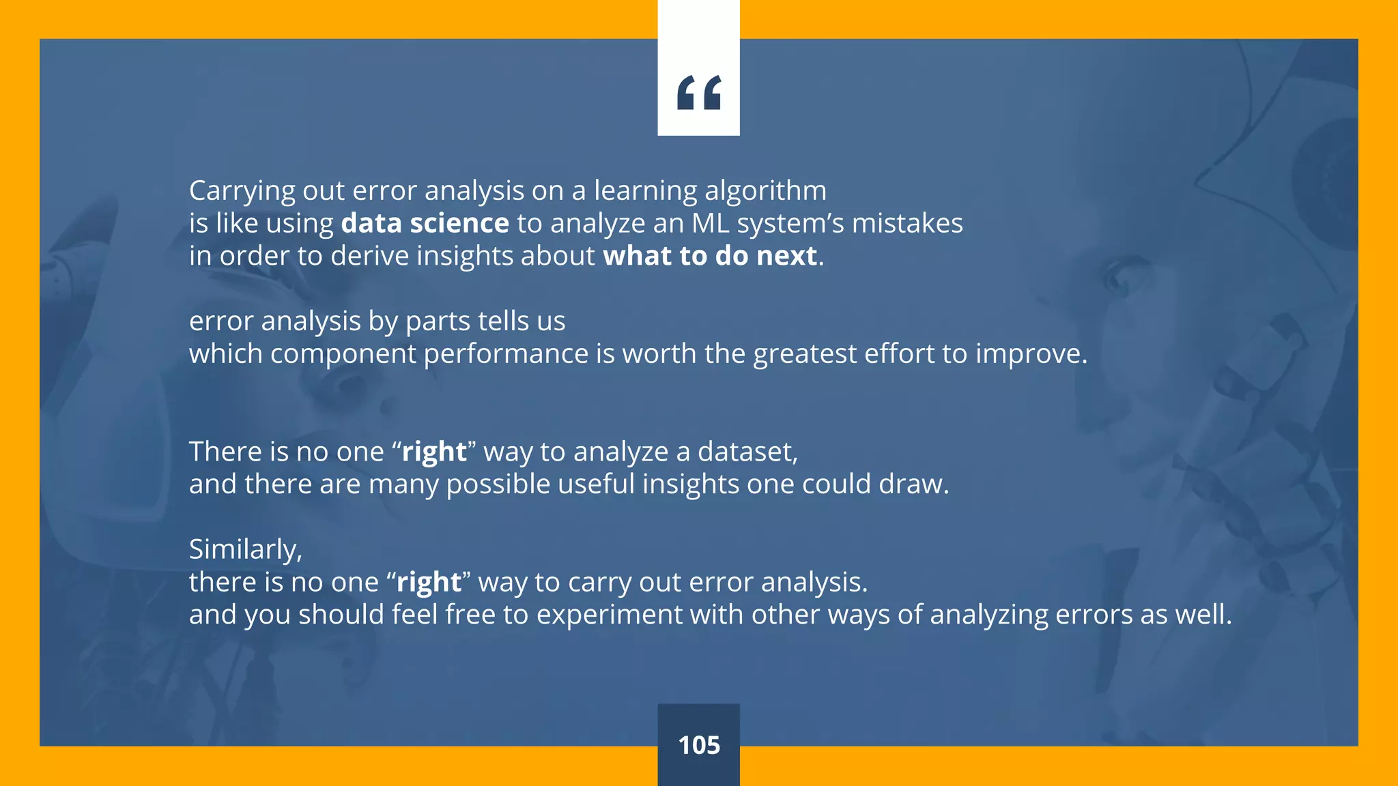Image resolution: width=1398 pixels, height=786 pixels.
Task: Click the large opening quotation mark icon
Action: pyautogui.click(x=699, y=93)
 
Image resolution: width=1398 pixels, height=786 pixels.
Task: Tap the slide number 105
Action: pyautogui.click(x=699, y=745)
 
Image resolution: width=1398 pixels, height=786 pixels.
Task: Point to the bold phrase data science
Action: pyautogui.click(x=425, y=224)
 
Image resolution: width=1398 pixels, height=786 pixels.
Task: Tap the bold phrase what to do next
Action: pyautogui.click(x=710, y=257)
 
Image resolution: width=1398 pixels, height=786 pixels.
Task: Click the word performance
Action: pyautogui.click(x=506, y=354)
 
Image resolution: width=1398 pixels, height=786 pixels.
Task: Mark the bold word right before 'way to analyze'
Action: pyautogui.click(x=434, y=452)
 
